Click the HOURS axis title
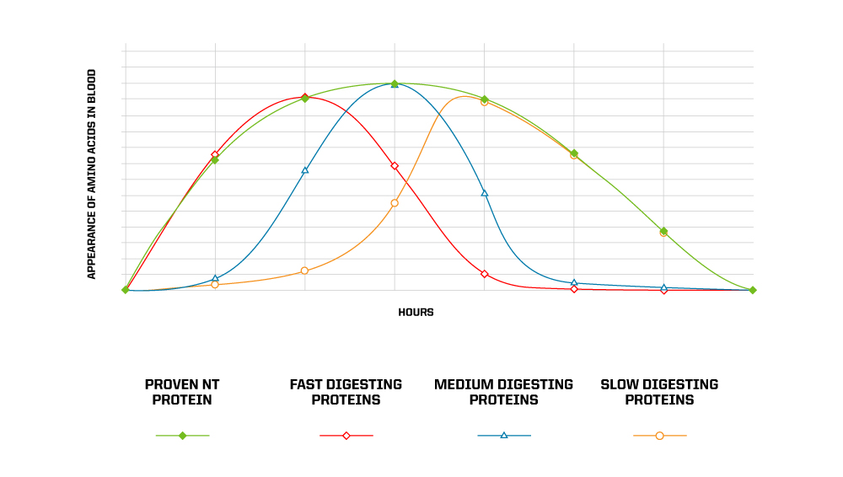click(416, 313)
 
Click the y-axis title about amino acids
click(92, 174)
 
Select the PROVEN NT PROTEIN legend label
click(182, 392)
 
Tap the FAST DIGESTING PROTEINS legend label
click(346, 392)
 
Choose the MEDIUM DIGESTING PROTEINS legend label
click(503, 392)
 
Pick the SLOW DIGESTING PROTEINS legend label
click(659, 392)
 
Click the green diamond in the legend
click(182, 436)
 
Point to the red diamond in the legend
click(346, 436)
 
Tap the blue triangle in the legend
click(504, 436)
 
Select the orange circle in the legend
click(659, 436)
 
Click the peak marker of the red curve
click(304, 98)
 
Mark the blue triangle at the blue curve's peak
click(395, 84)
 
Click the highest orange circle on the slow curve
click(484, 102)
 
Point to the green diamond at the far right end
click(753, 290)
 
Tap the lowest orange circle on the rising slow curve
click(215, 285)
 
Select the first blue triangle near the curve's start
click(215, 278)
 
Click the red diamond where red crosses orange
click(395, 166)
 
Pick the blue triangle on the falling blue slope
click(485, 193)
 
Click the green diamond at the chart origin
click(126, 290)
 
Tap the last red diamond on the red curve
click(663, 290)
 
